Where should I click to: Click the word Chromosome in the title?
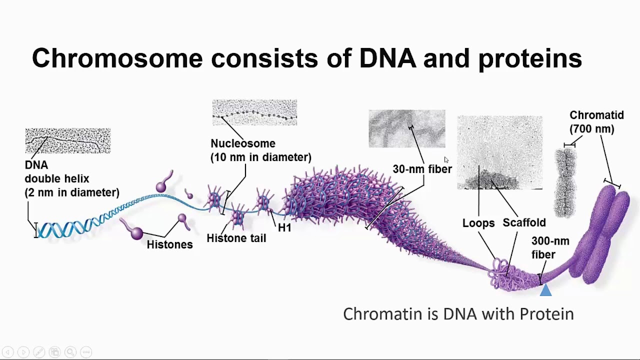click(x=117, y=58)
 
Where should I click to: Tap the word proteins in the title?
click(x=530, y=58)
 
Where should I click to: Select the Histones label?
click(x=169, y=244)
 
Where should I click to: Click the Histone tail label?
click(x=236, y=238)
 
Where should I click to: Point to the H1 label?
click(x=284, y=228)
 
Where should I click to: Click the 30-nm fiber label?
click(x=422, y=169)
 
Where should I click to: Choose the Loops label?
click(x=478, y=223)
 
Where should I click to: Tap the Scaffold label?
click(x=524, y=223)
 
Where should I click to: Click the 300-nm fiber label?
click(x=549, y=248)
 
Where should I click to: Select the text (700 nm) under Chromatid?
click(x=591, y=129)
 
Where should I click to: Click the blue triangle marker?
click(x=545, y=290)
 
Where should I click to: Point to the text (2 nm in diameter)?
click(x=72, y=192)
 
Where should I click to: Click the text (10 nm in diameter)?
click(x=260, y=157)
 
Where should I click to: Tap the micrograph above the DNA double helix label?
click(x=68, y=140)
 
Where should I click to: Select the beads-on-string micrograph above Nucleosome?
click(x=254, y=112)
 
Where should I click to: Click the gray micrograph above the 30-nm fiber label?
click(x=406, y=129)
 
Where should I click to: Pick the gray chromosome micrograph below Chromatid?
click(x=565, y=182)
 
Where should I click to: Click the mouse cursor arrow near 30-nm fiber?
click(x=446, y=159)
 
